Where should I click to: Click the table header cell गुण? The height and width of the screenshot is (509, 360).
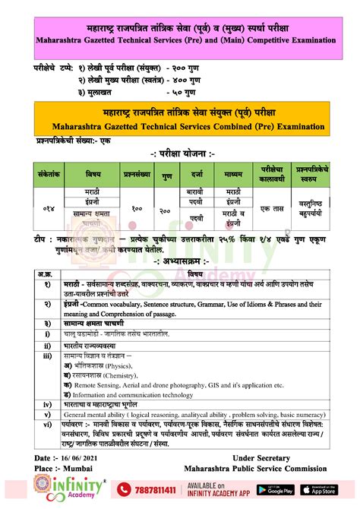[x=166, y=173]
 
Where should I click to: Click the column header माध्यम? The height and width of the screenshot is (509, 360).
[x=233, y=173]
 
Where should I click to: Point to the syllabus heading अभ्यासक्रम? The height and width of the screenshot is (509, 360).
[x=182, y=261]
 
